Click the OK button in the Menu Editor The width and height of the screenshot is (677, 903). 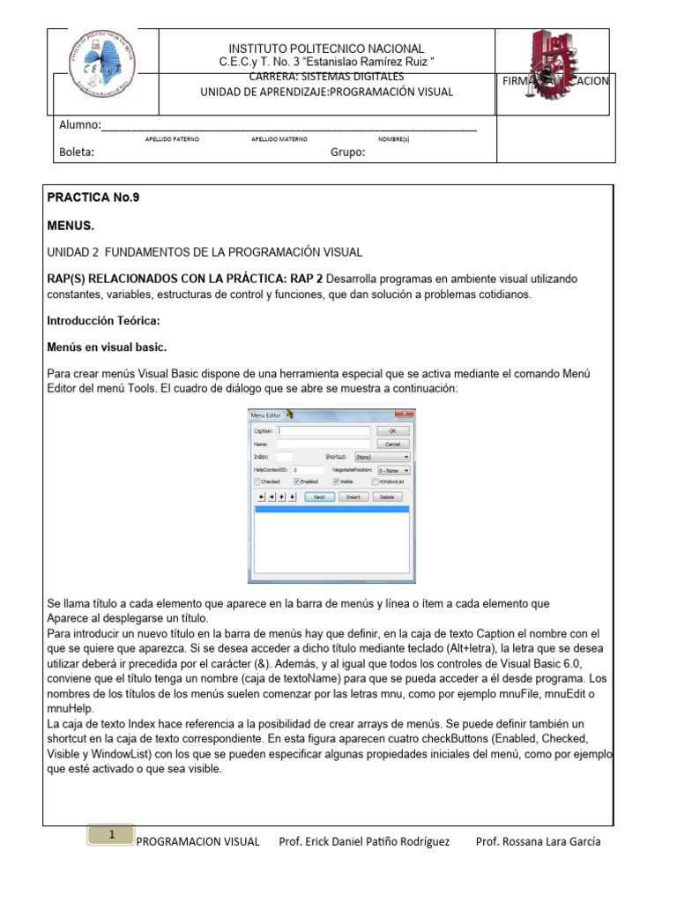coord(394,431)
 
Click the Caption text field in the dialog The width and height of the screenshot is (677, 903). coord(324,431)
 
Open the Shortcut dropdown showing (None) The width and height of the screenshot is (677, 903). coord(382,457)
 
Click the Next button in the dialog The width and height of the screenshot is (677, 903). coord(319,497)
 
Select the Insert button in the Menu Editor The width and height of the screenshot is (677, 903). coord(353,497)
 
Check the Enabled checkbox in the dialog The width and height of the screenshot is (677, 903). coord(297,482)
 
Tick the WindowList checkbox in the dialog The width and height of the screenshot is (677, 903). coord(375,482)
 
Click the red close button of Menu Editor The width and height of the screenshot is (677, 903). coord(404,414)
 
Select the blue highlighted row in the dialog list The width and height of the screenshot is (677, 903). coord(331,510)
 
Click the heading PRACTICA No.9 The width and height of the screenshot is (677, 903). coord(93,198)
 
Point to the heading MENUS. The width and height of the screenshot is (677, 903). coord(71,226)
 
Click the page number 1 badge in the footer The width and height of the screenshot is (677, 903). coord(112,834)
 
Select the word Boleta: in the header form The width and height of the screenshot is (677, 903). coord(77,152)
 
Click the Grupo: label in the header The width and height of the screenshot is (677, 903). coord(347,152)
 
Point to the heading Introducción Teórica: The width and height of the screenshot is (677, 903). coord(103,321)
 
